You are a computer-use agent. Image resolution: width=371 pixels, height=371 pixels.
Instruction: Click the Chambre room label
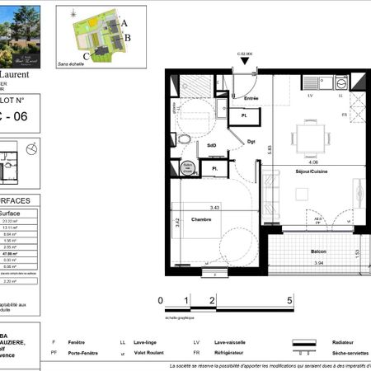click(x=200, y=219)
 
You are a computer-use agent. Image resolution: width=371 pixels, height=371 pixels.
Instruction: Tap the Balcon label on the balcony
click(x=317, y=251)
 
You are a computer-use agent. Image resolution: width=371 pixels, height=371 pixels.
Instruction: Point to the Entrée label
click(x=251, y=99)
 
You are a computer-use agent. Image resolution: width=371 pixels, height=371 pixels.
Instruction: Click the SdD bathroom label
click(x=212, y=145)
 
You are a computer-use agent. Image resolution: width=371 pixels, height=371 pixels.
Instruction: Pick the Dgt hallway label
click(x=251, y=142)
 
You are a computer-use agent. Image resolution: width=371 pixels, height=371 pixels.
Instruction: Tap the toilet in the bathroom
click(x=185, y=139)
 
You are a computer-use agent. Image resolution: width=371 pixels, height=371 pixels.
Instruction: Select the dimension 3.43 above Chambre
click(x=214, y=207)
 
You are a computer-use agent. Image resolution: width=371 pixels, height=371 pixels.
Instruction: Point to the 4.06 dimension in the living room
click(x=312, y=162)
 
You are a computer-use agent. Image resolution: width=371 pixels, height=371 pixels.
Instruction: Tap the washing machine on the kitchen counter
click(x=341, y=82)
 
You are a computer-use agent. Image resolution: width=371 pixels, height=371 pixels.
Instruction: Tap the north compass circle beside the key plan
click(x=31, y=148)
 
